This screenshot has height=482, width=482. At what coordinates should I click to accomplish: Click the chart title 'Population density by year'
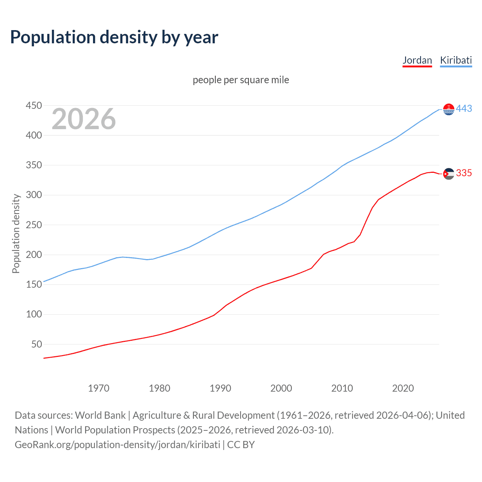coord(114,37)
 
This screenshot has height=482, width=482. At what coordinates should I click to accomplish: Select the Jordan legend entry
coord(417,60)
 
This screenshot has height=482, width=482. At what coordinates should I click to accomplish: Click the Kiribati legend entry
coord(456,60)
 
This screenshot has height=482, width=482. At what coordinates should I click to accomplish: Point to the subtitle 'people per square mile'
coord(241,80)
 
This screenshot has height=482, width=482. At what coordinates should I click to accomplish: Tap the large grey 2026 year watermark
coord(84,119)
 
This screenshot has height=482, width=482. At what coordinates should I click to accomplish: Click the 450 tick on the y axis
coord(34,105)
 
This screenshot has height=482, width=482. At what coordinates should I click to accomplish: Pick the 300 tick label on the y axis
coord(34,195)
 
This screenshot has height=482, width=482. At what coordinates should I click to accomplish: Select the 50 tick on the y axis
coord(37,344)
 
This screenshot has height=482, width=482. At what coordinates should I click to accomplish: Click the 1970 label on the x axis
coord(98,388)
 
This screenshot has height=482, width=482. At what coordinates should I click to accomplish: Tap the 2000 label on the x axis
coord(281,388)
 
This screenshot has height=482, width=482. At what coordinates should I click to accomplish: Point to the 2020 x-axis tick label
coord(403,388)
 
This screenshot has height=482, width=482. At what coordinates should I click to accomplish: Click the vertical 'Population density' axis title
coord(16,233)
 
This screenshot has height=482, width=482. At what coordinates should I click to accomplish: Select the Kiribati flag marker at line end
coord(448,109)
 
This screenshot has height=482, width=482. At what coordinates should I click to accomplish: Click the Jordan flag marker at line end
coord(448,174)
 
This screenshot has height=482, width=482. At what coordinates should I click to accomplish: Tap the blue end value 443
coord(464,109)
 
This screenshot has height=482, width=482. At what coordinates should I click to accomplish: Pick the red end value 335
coord(464,173)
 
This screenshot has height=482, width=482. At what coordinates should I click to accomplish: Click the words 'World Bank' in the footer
coord(100,415)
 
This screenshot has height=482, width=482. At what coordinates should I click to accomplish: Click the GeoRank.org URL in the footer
coord(117,445)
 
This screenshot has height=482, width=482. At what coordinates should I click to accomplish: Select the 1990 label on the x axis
coord(220,388)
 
